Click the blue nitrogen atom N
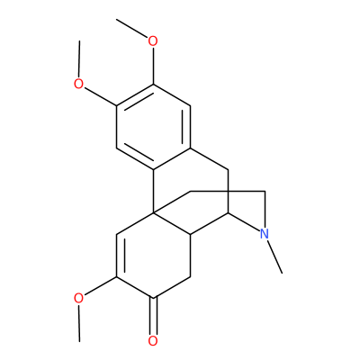coord(264,234)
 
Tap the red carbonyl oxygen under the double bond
coord(153,341)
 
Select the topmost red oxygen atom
coord(153,41)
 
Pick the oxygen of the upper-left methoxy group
coord(78,84)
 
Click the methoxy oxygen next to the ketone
coord(78,298)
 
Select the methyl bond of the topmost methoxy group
coord(132,29)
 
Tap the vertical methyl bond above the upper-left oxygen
coord(79,58)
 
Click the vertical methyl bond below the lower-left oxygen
coord(79,323)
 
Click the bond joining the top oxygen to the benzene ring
coord(153,66)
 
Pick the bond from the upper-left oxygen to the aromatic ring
coord(100,96)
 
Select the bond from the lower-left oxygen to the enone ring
coord(100,286)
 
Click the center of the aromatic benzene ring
coord(153,127)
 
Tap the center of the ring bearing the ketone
coord(153,256)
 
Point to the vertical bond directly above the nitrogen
coord(265,209)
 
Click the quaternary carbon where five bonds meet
coord(153,213)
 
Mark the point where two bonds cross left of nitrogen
coord(228,191)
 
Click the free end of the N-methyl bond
coord(283,274)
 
